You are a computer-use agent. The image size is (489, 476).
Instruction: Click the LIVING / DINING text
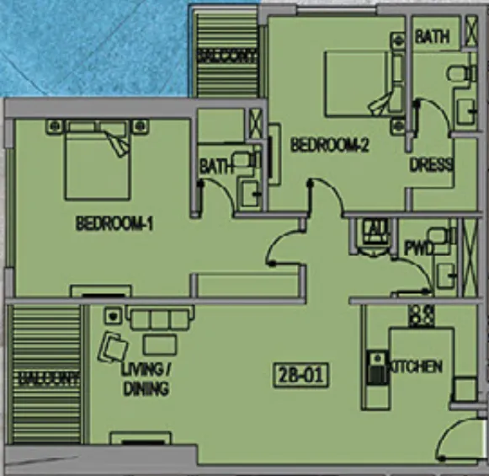[x=146, y=380]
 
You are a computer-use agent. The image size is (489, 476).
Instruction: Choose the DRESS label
[x=431, y=165]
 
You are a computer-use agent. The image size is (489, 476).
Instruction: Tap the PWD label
[x=418, y=249]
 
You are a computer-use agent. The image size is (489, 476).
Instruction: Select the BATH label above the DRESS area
[x=431, y=37]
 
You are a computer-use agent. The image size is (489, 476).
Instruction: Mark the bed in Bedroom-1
[x=97, y=160]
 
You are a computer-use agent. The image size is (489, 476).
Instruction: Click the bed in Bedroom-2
[x=358, y=82]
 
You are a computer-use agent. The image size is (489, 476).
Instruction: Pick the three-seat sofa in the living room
[x=160, y=319]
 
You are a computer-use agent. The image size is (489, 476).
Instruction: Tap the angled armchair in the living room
[x=113, y=347]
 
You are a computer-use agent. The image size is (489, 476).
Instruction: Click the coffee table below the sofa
[x=160, y=344]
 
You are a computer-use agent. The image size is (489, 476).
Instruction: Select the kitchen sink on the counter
[x=375, y=367]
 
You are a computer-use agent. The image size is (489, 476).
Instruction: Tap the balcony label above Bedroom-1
[x=226, y=56]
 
